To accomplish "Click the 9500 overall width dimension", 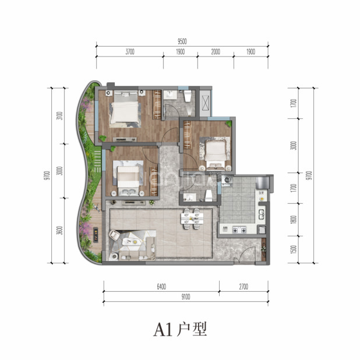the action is [182, 41].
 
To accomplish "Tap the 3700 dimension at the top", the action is [130, 52].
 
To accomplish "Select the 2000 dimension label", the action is [216, 52].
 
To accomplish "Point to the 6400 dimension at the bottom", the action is [161, 287].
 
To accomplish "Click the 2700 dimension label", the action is [243, 287].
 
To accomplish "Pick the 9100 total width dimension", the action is [186, 297].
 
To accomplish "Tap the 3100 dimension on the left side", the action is [59, 116].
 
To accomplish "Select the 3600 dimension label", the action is [59, 230].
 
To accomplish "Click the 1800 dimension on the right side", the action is [294, 220].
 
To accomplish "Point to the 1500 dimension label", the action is [294, 249].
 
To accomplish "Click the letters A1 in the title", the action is [163, 330].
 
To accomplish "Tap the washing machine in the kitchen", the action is [227, 180].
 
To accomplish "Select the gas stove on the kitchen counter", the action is [239, 230].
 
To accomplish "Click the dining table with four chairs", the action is [192, 218].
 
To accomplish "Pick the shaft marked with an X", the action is [205, 103].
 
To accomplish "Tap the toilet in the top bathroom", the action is [188, 96].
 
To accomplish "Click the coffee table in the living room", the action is [131, 242].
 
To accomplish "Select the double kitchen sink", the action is [262, 214].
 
